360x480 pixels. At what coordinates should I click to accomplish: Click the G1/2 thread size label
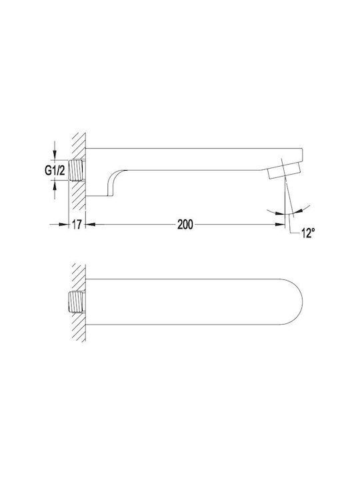(55, 171)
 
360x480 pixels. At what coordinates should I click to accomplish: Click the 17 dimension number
(77, 225)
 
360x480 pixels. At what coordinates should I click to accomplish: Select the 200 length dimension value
(185, 225)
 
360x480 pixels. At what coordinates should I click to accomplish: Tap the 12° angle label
(308, 233)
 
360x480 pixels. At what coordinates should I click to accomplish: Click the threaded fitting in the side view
(77, 170)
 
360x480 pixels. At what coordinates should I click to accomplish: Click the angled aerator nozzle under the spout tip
(284, 171)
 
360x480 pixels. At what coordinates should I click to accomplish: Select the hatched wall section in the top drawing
(79, 171)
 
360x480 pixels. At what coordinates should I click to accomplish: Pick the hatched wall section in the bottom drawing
(79, 302)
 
